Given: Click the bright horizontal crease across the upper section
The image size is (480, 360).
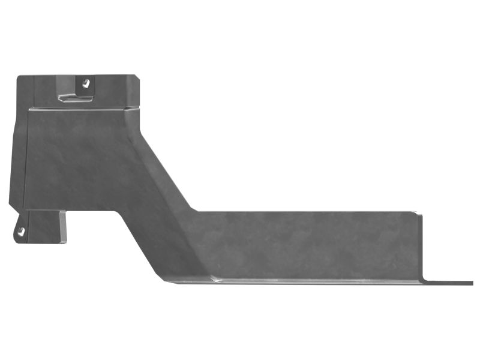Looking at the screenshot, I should pos(78,109).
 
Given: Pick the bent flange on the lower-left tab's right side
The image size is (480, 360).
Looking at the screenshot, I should pos(62,227).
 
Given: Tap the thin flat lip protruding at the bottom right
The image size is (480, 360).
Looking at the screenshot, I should pos(447,281).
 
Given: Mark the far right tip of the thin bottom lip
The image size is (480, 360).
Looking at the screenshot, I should pos(472,282).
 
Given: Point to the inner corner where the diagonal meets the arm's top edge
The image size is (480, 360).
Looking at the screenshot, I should pos(193,211).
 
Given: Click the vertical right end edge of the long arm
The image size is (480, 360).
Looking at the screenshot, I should pos(421,246).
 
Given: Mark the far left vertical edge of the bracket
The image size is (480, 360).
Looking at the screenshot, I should pos(11,150).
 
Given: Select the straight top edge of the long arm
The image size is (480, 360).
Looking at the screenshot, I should pos(300,211).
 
